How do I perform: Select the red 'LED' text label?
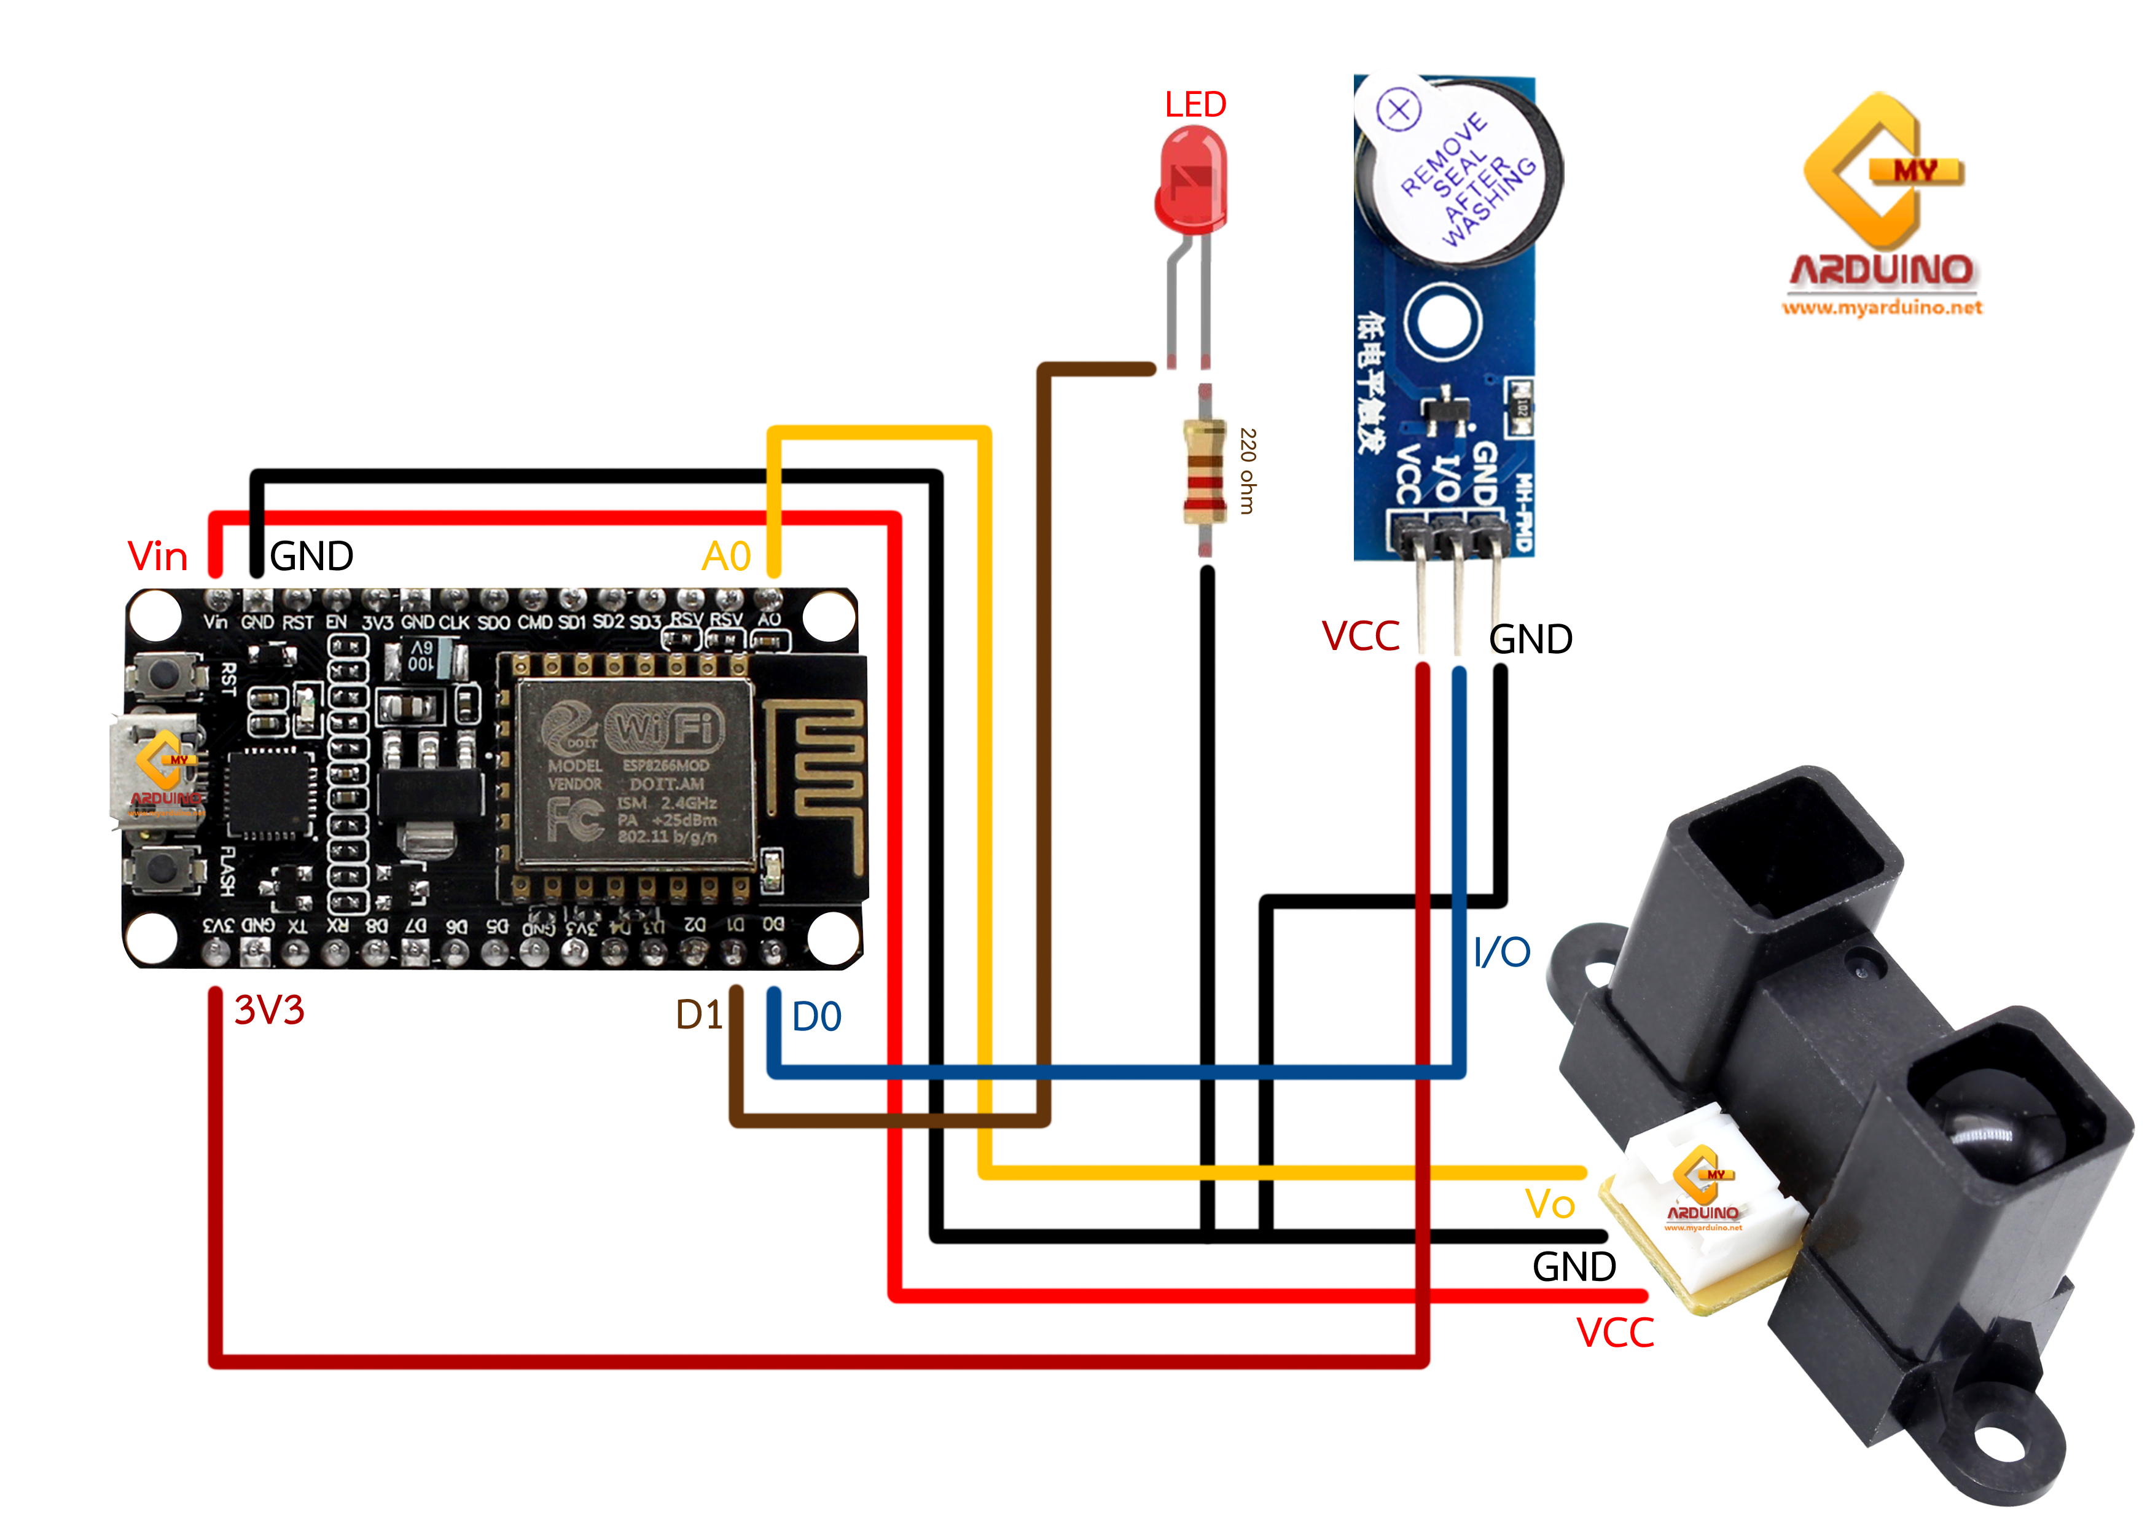tap(1195, 104)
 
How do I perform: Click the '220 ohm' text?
tap(1248, 471)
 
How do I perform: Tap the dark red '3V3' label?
tap(270, 1010)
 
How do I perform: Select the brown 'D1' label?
tap(698, 1015)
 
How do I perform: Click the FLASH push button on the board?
tap(165, 868)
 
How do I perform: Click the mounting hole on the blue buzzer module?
tap(1440, 321)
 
